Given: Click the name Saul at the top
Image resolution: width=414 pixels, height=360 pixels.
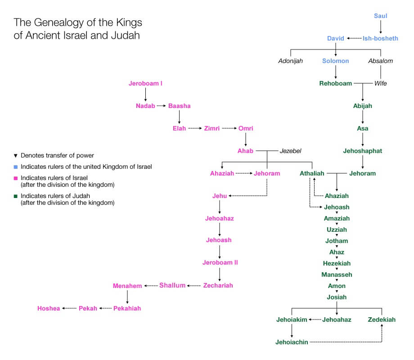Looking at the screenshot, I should (380, 16).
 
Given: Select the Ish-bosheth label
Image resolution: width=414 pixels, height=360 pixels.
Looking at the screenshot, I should (380, 39).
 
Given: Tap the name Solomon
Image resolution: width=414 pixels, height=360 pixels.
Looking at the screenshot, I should (335, 61).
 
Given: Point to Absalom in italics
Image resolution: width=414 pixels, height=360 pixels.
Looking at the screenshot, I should (380, 61).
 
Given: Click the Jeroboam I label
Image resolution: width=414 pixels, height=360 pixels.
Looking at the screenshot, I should (145, 83).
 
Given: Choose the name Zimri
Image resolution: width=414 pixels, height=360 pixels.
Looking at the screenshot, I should (212, 128).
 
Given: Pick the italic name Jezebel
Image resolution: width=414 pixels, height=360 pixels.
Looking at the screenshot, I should (291, 151).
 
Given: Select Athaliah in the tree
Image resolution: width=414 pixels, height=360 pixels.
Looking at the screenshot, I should (312, 173).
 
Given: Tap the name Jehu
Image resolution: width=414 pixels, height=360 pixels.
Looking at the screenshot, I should (220, 196).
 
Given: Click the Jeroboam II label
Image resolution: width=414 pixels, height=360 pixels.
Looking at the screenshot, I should (220, 263).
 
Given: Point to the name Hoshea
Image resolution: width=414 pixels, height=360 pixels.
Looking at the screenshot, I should (49, 308).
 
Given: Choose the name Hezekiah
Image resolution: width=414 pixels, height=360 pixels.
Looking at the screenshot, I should (337, 263).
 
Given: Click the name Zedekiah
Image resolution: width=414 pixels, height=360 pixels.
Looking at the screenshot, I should (381, 319).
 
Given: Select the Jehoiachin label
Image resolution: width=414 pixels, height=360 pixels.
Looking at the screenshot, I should (292, 342).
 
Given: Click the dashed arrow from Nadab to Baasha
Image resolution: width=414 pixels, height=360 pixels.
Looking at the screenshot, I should (162, 106).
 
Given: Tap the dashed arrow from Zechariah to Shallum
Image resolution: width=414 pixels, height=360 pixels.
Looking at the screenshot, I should (194, 286).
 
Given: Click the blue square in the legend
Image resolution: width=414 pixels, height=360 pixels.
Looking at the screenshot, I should (16, 167).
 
